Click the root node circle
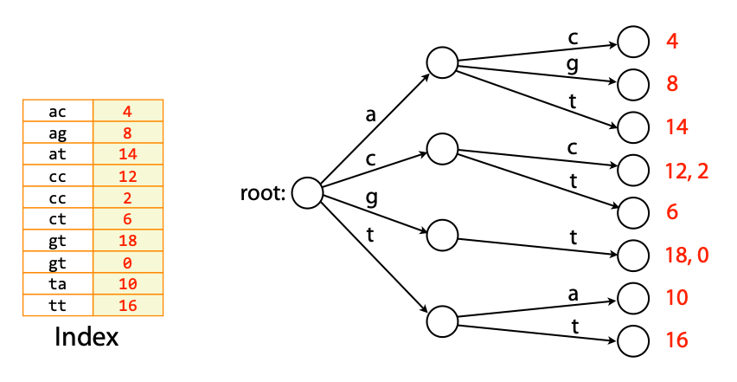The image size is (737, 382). coord(306,193)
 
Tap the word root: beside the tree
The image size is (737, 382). coord(263,193)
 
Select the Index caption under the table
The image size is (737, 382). coord(87,337)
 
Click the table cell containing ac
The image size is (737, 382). coord(57,111)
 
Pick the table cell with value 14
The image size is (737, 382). coord(127,154)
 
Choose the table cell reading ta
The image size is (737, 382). coord(57,284)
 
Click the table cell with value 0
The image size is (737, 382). coord(127,262)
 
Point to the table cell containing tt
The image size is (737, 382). coord(57,306)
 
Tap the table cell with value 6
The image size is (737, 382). coord(127,219)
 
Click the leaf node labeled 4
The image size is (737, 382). coord(632,41)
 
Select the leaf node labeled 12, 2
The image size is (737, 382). coord(632,170)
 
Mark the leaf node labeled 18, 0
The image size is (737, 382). coord(632,255)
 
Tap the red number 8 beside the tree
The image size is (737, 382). coord(672,84)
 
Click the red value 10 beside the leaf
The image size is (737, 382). coord(676,298)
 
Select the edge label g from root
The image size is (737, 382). coord(372,197)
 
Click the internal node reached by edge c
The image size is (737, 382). coord(441,147)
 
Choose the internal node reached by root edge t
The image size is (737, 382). coord(441,319)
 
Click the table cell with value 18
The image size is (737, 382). coord(127,241)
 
